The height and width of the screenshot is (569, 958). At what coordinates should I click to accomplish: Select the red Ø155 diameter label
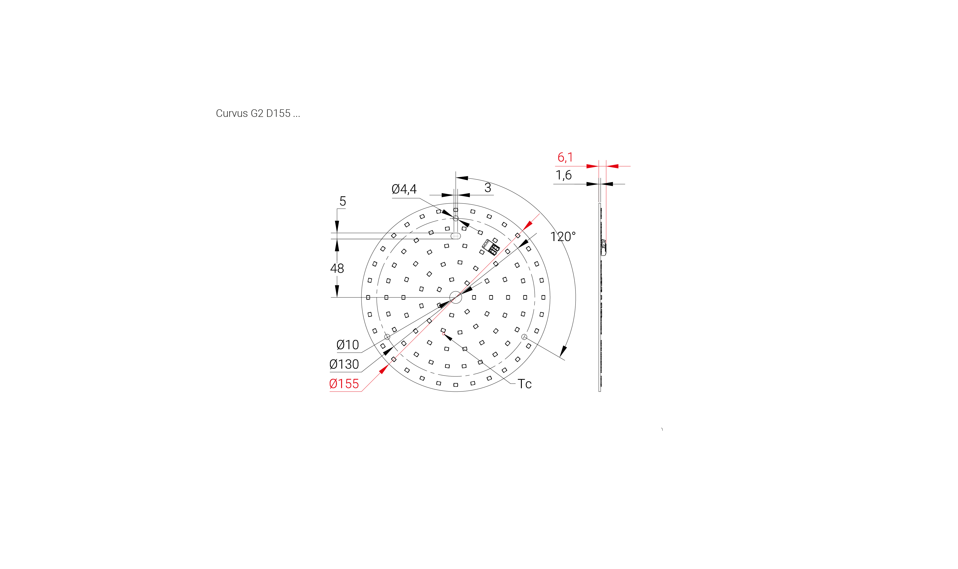point(344,384)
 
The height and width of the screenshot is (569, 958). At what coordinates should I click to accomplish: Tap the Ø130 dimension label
point(344,364)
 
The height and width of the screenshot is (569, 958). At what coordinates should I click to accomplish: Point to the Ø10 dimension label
point(347,345)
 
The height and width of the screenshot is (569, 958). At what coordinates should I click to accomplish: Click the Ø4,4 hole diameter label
point(404,189)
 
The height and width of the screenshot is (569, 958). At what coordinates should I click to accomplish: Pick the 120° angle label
point(563,237)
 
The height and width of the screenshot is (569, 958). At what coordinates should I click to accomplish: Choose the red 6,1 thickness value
point(565,157)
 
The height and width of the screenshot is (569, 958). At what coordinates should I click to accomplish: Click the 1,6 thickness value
point(563,175)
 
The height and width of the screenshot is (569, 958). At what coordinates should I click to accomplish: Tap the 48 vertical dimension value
point(337,268)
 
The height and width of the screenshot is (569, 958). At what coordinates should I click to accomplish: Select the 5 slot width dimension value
point(343,201)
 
